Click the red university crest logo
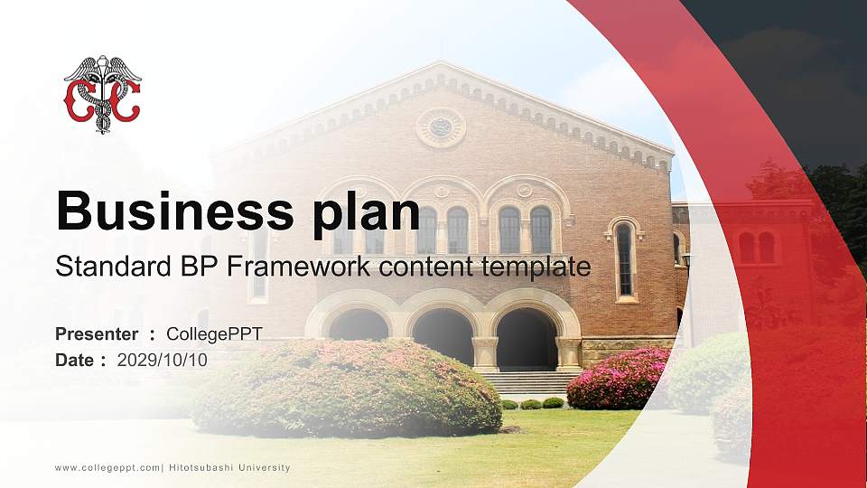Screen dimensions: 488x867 tap(102, 94)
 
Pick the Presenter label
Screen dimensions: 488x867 tap(97, 334)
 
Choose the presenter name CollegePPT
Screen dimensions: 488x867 tap(214, 334)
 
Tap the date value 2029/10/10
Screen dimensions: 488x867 tap(163, 360)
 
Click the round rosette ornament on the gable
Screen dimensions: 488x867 tap(441, 127)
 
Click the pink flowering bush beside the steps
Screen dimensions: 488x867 tap(618, 380)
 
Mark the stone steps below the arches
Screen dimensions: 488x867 tap(528, 383)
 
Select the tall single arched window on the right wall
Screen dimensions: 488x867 tap(624, 259)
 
